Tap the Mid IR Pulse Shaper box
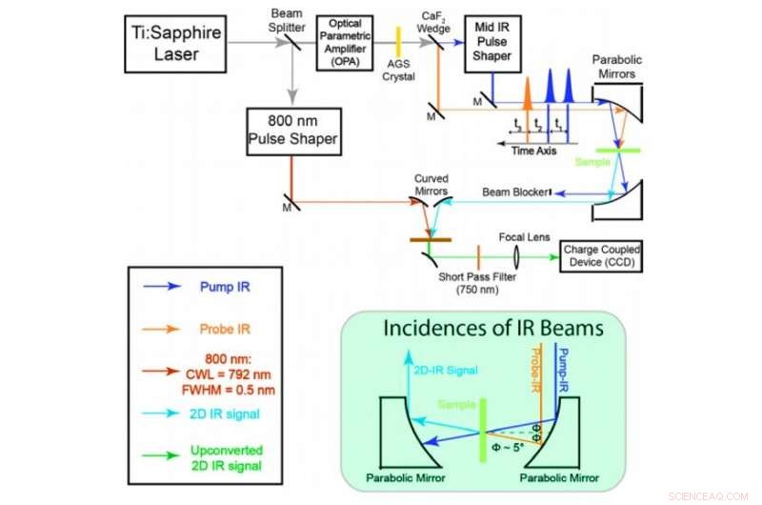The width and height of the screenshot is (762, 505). tap(493, 42)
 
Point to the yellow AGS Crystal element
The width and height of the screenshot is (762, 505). tap(400, 42)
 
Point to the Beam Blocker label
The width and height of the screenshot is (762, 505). tap(516, 192)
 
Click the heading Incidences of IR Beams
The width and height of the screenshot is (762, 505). tap(492, 329)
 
